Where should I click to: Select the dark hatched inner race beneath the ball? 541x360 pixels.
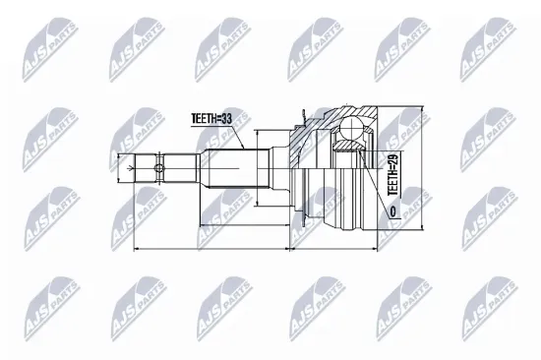pos(346,148)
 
